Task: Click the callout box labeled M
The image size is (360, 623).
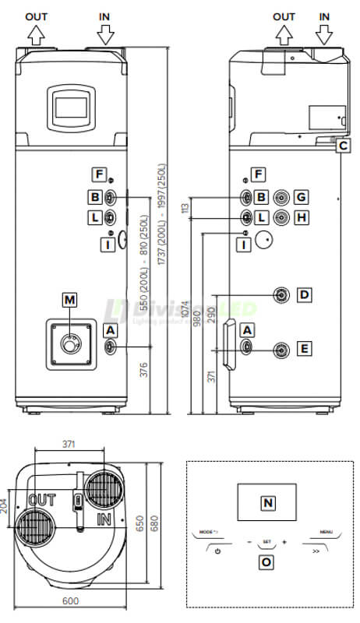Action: (71, 299)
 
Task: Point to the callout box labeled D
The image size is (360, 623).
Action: (305, 294)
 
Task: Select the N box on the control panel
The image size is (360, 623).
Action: (267, 503)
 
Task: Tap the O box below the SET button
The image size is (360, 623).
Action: (266, 560)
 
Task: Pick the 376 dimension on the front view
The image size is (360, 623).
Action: (143, 370)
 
